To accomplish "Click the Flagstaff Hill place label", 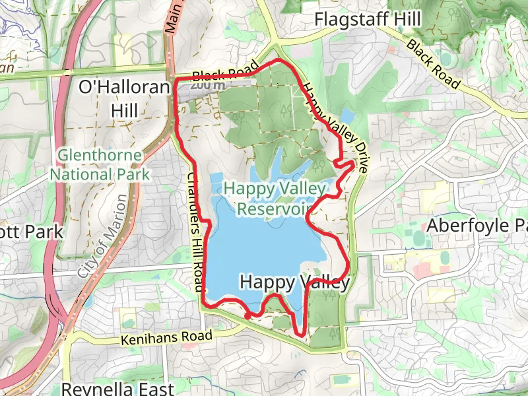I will [x=367, y=20].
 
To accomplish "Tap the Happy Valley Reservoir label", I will [x=275, y=199].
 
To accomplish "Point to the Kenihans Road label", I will [x=168, y=339].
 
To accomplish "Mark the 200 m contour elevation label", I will [x=210, y=84].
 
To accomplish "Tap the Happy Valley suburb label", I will [x=294, y=282].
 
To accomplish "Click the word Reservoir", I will [x=275, y=209].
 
